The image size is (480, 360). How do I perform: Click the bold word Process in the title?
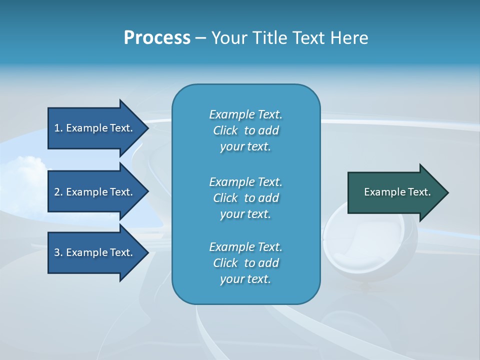click(x=157, y=38)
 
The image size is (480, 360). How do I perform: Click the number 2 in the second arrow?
click(x=57, y=192)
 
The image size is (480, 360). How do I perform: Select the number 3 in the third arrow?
click(x=57, y=252)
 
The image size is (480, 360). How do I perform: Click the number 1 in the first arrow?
click(x=57, y=128)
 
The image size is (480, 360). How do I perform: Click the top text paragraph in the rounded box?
click(x=245, y=130)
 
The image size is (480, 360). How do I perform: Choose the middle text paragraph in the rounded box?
click(x=245, y=198)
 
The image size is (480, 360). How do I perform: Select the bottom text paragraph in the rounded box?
click(x=245, y=263)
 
